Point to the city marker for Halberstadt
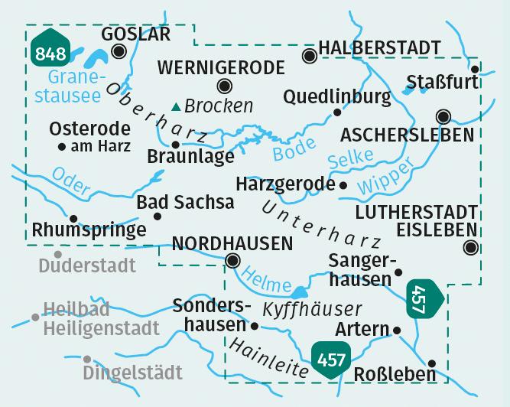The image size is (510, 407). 309,56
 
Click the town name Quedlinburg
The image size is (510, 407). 336,96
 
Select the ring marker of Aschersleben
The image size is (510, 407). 443,117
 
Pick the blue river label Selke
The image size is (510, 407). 349,158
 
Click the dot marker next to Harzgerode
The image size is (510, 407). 343,185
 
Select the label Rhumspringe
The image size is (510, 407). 89,230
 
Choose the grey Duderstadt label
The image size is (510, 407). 86,265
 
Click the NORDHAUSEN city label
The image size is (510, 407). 232,243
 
